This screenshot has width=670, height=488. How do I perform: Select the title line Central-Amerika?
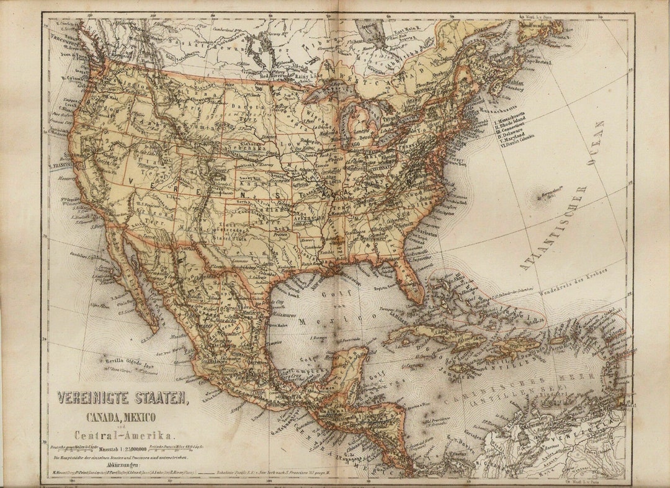125,435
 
